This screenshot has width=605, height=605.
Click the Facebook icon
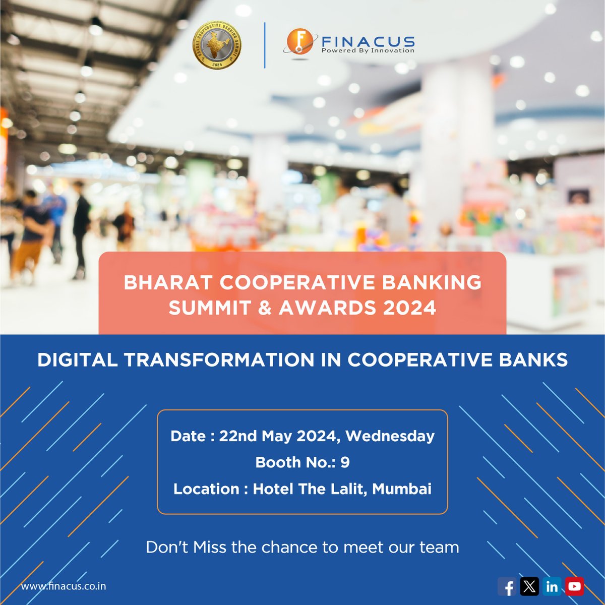(507, 586)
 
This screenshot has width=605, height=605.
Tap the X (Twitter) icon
(529, 586)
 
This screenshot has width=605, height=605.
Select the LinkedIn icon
(552, 586)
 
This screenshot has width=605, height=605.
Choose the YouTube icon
(574, 586)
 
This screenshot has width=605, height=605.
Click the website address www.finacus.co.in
(64, 586)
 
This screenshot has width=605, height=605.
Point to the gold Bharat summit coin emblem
(217, 44)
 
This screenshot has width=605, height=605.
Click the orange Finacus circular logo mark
(297, 42)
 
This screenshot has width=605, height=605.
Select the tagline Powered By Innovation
(368, 50)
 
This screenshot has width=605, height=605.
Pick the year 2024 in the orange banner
(409, 308)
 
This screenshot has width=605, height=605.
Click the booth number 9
(345, 462)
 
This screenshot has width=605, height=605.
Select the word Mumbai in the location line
(402, 489)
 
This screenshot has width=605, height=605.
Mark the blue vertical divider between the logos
(265, 45)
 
